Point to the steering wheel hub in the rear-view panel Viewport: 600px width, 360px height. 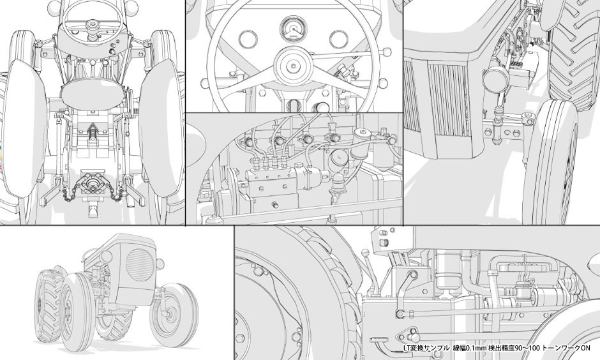coord(93,26)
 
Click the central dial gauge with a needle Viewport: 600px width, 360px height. coord(294,29)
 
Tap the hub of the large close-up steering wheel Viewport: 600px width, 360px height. coord(294,66)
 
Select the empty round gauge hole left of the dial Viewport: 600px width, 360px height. coord(248,39)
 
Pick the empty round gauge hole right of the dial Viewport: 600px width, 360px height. coord(339,40)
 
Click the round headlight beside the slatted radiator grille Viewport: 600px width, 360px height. coord(496,79)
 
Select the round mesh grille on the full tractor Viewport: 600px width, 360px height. coord(140,265)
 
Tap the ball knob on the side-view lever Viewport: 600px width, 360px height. coord(365,253)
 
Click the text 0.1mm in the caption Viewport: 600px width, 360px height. coord(476,348)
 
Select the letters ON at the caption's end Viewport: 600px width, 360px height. coord(585,348)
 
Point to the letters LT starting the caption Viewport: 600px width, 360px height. coord(407,348)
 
